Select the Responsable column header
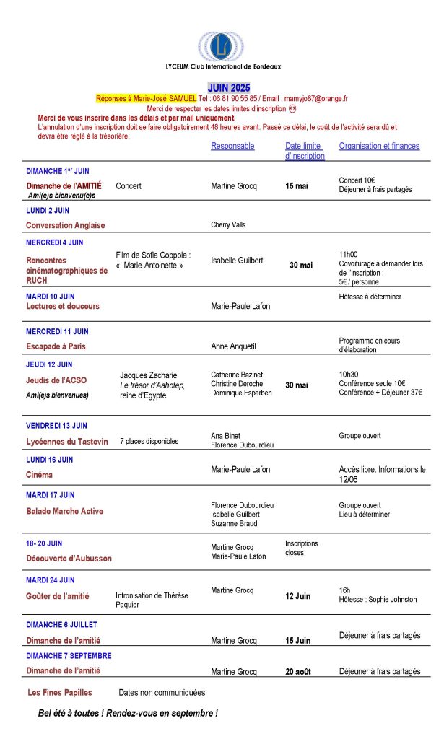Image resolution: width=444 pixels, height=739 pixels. click(232, 146)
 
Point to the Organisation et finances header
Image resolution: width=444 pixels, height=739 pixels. click(379, 146)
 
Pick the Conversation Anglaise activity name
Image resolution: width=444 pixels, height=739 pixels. click(65, 225)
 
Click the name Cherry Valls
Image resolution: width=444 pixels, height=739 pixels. click(228, 225)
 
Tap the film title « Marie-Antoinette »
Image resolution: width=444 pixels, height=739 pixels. click(149, 266)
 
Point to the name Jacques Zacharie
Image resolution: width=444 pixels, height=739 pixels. click(152, 375)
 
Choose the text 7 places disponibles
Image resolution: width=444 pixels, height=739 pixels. click(149, 441)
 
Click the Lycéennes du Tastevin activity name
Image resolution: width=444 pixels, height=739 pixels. click(66, 441)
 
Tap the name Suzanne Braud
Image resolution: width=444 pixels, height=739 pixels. click(234, 524)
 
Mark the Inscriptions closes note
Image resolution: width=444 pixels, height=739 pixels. click(301, 548)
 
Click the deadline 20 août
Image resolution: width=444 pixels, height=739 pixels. click(297, 672)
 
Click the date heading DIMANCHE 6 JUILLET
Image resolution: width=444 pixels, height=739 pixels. click(61, 625)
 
